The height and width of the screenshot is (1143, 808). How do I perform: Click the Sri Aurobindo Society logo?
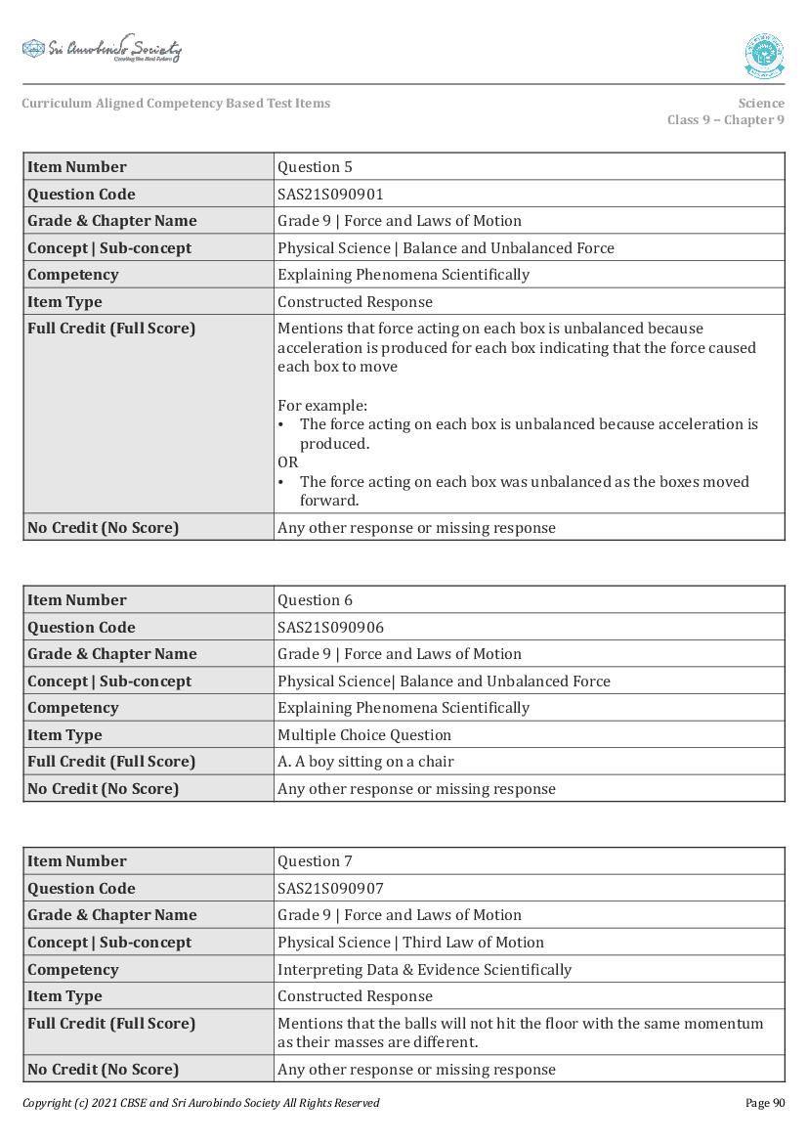pyautogui.click(x=102, y=49)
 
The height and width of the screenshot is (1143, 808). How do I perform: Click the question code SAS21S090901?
pyautogui.click(x=330, y=194)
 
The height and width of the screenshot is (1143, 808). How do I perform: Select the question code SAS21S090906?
pyautogui.click(x=330, y=627)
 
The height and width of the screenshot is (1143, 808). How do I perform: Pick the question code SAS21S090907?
pyautogui.click(x=330, y=888)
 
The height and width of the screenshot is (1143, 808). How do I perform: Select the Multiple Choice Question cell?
pyautogui.click(x=364, y=734)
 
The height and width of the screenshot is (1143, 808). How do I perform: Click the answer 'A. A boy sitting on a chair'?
pyautogui.click(x=365, y=762)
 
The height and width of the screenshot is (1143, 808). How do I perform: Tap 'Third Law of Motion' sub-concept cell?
pyautogui.click(x=410, y=943)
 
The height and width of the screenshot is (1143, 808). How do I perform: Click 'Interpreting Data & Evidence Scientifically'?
pyautogui.click(x=424, y=970)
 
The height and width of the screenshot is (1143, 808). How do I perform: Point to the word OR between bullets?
pyautogui.click(x=287, y=462)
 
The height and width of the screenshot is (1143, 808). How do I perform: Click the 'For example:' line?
pyautogui.click(x=322, y=405)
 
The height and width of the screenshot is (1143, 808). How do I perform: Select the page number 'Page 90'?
pyautogui.click(x=764, y=1103)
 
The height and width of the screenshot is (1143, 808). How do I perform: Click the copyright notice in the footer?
pyautogui.click(x=200, y=1103)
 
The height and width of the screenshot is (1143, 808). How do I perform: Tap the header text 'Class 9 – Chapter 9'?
pyautogui.click(x=725, y=120)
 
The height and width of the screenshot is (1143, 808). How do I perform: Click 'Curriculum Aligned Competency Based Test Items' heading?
pyautogui.click(x=176, y=103)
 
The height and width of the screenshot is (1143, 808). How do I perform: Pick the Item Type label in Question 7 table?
pyautogui.click(x=64, y=996)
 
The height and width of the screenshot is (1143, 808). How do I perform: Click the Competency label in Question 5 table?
pyautogui.click(x=72, y=275)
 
